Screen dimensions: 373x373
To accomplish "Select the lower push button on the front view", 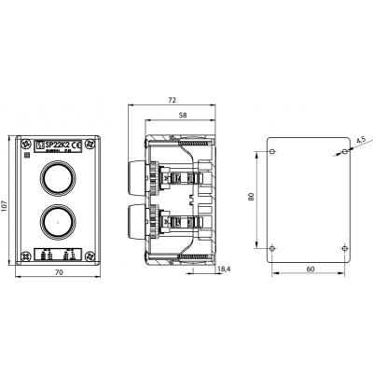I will pyautogui.click(x=54, y=222).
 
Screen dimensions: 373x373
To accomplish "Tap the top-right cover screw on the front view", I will pyautogui.click(x=88, y=145).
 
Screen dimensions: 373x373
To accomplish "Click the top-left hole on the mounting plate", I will pyautogui.click(x=271, y=151).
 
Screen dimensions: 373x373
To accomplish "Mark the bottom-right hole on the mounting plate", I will pyautogui.click(x=344, y=247).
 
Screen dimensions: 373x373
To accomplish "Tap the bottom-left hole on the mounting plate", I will pyautogui.click(x=271, y=247).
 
